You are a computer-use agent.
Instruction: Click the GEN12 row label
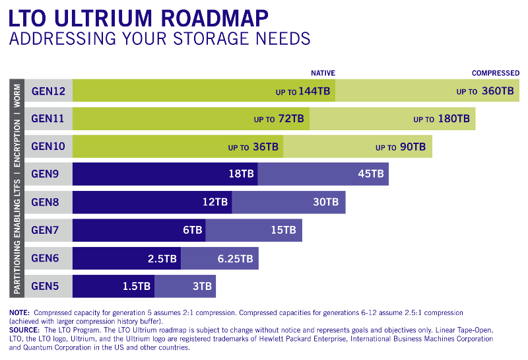[48, 90]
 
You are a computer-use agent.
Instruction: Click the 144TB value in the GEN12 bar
[313, 91]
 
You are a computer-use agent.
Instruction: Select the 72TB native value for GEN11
[290, 119]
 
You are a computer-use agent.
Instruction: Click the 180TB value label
[454, 119]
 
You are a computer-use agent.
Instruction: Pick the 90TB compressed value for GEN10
[412, 147]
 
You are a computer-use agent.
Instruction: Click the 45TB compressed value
[370, 174]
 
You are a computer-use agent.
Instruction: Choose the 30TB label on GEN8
[325, 202]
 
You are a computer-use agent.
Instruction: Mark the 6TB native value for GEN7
[192, 230]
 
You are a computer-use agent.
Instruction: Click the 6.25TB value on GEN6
[235, 258]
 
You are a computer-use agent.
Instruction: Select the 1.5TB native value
[136, 286]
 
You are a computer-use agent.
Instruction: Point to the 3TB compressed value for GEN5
[202, 286]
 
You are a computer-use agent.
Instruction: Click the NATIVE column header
[323, 73]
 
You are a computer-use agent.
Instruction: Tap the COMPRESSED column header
[495, 73]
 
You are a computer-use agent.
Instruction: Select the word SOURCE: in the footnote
[24, 329]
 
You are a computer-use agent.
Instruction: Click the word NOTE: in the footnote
[19, 312]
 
